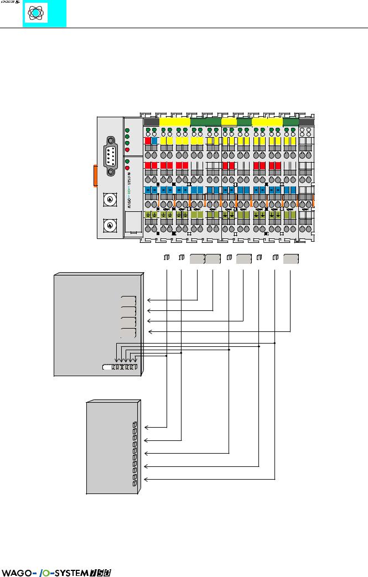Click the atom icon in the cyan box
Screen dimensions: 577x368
(35, 13)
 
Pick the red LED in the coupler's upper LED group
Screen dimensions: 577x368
(127, 149)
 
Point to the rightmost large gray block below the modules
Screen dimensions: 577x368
(291, 258)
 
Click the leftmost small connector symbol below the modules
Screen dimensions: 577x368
(167, 257)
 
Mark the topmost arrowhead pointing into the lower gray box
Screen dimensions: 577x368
(146, 428)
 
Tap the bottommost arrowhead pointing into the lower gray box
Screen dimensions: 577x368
(146, 479)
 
